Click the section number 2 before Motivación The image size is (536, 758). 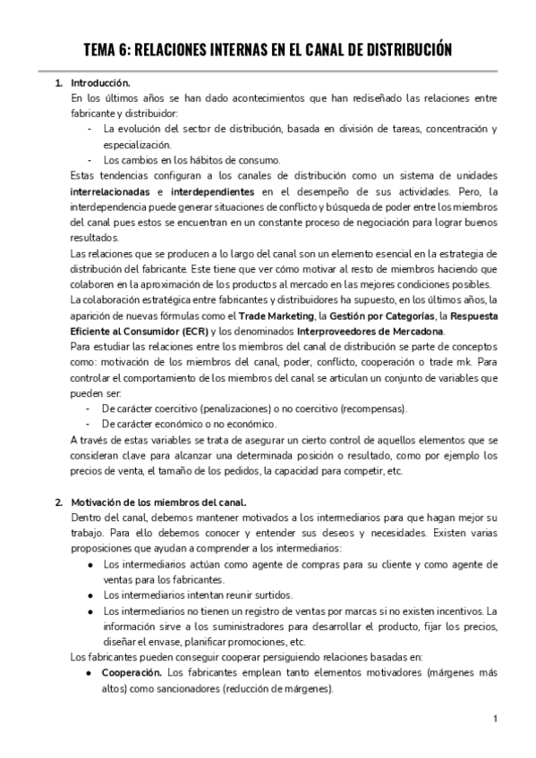coord(58,501)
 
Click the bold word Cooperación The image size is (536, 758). coord(132,673)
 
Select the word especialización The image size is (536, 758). coord(137,145)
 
